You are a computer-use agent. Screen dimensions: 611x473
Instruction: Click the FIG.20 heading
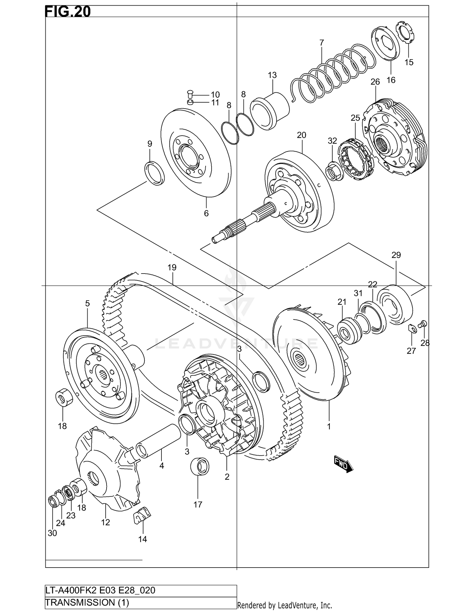pos(68,12)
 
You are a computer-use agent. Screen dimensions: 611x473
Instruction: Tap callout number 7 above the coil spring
pos(321,42)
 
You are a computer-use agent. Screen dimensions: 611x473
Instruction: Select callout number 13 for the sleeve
pos(272,75)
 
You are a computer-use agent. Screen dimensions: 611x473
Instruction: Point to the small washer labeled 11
pos(190,102)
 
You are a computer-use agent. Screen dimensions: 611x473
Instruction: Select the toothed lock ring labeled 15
pos(406,33)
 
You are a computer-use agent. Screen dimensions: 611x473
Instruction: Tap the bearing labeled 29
pos(395,304)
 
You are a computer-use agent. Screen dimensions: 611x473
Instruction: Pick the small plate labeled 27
pos(412,328)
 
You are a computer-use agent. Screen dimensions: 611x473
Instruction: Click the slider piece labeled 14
pos(142,515)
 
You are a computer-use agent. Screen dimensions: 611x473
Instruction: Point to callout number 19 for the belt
pos(172,268)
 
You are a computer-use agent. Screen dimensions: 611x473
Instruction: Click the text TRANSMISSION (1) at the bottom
pos(87,603)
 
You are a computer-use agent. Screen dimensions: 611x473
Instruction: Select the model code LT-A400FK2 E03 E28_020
pos(100,590)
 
